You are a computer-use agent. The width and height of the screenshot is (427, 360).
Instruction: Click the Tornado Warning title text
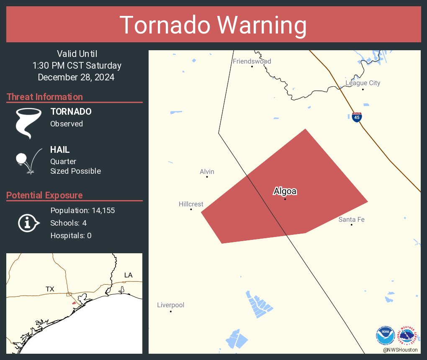(x=213, y=25)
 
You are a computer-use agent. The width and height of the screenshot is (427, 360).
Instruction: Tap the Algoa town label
(x=285, y=191)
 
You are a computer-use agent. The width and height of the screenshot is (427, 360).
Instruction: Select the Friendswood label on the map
(x=252, y=62)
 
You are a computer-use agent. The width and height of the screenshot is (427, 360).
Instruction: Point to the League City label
(x=363, y=83)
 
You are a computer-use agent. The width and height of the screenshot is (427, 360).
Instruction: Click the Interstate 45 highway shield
(x=357, y=117)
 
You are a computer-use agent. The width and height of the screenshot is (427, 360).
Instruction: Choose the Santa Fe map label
(x=351, y=219)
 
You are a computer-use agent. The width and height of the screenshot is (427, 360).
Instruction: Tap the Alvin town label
(x=207, y=172)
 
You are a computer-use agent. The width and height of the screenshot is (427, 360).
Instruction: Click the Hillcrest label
(x=191, y=204)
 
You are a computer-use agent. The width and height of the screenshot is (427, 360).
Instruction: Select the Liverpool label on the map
(x=170, y=305)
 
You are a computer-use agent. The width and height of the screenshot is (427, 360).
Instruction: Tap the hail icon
(x=27, y=160)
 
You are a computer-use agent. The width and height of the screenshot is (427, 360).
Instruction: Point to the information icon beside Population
(x=28, y=223)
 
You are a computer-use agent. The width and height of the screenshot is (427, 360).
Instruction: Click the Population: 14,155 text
(x=82, y=210)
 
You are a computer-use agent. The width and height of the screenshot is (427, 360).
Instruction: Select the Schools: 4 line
(x=68, y=223)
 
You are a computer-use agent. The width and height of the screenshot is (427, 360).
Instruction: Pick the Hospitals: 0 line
(x=71, y=235)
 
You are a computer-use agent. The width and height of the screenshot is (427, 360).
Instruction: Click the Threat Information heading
(x=45, y=97)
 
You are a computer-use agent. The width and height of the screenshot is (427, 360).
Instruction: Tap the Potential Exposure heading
(x=45, y=195)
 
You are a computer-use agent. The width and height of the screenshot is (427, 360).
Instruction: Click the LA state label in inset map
(x=128, y=275)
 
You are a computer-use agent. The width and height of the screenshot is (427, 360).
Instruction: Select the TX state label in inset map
(x=50, y=289)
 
